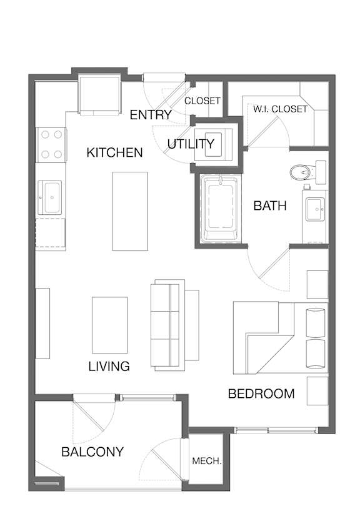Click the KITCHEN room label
click(114, 152)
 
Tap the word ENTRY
click(151, 115)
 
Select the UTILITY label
click(191, 144)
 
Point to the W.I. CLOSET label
click(280, 109)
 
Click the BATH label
click(270, 205)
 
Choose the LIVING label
click(109, 366)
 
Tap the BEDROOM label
click(261, 393)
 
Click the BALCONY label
click(92, 452)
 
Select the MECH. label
click(207, 461)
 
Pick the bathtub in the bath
click(220, 209)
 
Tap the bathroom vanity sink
click(316, 209)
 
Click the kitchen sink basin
click(50, 197)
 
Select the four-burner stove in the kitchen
click(51, 145)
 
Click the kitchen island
click(130, 211)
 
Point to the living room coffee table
click(110, 325)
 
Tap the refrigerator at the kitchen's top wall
click(99, 96)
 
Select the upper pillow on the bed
click(316, 322)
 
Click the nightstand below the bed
click(317, 391)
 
